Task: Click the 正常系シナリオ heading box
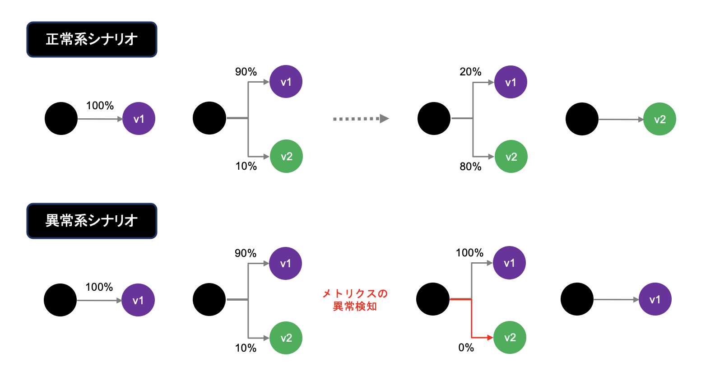(x=92, y=40)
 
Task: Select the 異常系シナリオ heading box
(x=92, y=221)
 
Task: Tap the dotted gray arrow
(x=361, y=119)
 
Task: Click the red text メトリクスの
(x=355, y=294)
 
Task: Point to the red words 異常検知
(x=355, y=307)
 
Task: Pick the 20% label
(x=470, y=72)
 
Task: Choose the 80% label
(x=470, y=167)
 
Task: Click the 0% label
(x=466, y=348)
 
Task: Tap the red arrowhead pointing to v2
(x=490, y=338)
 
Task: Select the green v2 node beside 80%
(x=511, y=157)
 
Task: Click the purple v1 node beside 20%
(x=511, y=82)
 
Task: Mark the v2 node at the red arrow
(x=510, y=338)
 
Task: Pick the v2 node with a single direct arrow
(x=659, y=119)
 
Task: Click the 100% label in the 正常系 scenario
(x=100, y=106)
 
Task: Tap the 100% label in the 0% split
(x=469, y=253)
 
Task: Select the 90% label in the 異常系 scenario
(x=246, y=253)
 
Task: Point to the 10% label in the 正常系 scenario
(x=246, y=166)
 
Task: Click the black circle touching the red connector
(x=433, y=299)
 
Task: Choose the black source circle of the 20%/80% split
(x=434, y=118)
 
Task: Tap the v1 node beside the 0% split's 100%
(x=509, y=263)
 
